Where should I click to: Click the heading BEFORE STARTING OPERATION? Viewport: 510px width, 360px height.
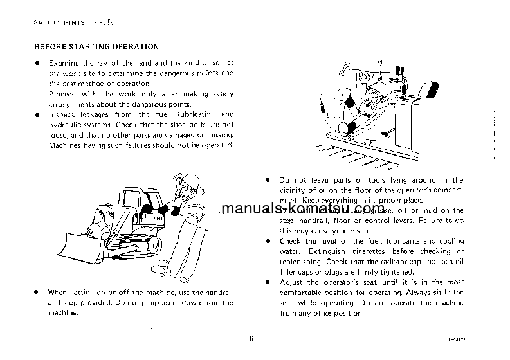pyautogui.click(x=96, y=47)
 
